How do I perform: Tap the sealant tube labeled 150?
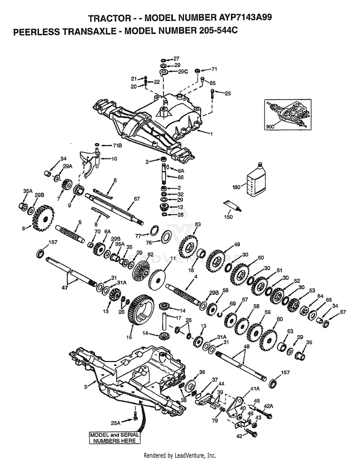pos(233,206)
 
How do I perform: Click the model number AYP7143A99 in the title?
pos(245,17)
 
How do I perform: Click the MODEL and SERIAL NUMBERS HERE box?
pos(114,438)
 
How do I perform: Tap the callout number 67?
pos(137,199)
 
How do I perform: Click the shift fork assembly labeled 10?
pos(90,164)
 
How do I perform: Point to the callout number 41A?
pos(255,389)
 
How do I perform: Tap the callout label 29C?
pos(182,72)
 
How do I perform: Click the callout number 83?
pos(198,224)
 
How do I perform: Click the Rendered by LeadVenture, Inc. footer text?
pos(180,455)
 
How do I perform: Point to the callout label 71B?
pos(118,145)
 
